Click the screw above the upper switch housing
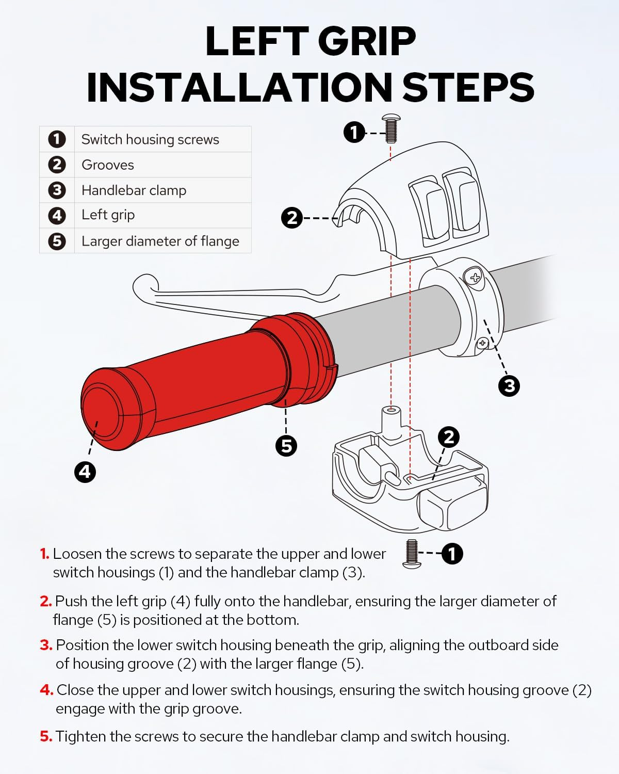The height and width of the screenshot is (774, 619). point(392,128)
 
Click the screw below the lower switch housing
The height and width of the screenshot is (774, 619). point(412,554)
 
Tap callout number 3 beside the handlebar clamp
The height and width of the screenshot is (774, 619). point(509,386)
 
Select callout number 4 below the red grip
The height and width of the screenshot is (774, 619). point(85,472)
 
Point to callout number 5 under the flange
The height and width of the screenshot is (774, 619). point(286,446)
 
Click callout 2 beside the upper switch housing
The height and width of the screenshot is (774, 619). point(291,218)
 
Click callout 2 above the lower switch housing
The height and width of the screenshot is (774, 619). point(448,438)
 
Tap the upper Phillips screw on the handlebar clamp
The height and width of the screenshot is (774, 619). point(475,277)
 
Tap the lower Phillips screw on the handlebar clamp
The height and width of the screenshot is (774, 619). point(482,343)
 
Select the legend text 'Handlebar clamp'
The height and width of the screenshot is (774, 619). point(134,190)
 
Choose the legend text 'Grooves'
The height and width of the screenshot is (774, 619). point(107,165)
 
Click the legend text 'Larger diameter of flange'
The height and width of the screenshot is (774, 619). point(160,241)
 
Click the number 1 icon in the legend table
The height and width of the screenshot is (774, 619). point(57,139)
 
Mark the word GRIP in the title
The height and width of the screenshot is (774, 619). point(367,41)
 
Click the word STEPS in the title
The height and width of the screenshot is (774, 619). point(468,87)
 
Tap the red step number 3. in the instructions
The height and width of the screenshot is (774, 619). point(46,645)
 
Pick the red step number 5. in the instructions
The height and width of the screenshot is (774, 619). point(46,737)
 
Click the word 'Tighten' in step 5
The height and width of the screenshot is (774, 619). point(80,737)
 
